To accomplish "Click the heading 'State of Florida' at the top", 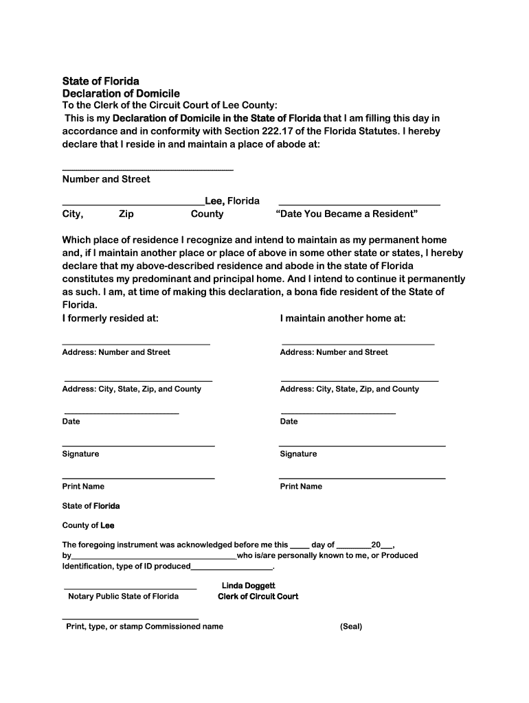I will click(x=100, y=81).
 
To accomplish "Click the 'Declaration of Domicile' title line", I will click(x=121, y=93).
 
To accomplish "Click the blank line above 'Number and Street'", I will click(x=148, y=170).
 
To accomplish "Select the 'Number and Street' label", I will click(x=106, y=179).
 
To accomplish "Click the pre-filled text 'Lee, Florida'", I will click(x=232, y=201).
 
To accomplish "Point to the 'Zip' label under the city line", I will click(x=126, y=214).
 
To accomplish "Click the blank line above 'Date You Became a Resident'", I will click(x=359, y=205).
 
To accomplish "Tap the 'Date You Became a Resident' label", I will click(x=346, y=214).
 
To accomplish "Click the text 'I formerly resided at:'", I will click(x=111, y=319).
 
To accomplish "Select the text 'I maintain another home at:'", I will click(x=343, y=319).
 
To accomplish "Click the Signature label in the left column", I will click(x=80, y=454).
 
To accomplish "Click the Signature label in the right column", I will click(x=298, y=454).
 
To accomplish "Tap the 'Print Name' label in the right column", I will click(x=301, y=487).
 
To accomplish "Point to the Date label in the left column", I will click(x=71, y=422).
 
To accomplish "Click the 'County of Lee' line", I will click(x=88, y=526).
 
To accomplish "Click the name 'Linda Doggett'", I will click(x=248, y=586).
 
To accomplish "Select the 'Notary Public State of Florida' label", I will click(x=123, y=597).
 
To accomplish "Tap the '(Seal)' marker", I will click(x=350, y=627).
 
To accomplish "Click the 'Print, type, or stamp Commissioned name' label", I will click(x=144, y=627).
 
